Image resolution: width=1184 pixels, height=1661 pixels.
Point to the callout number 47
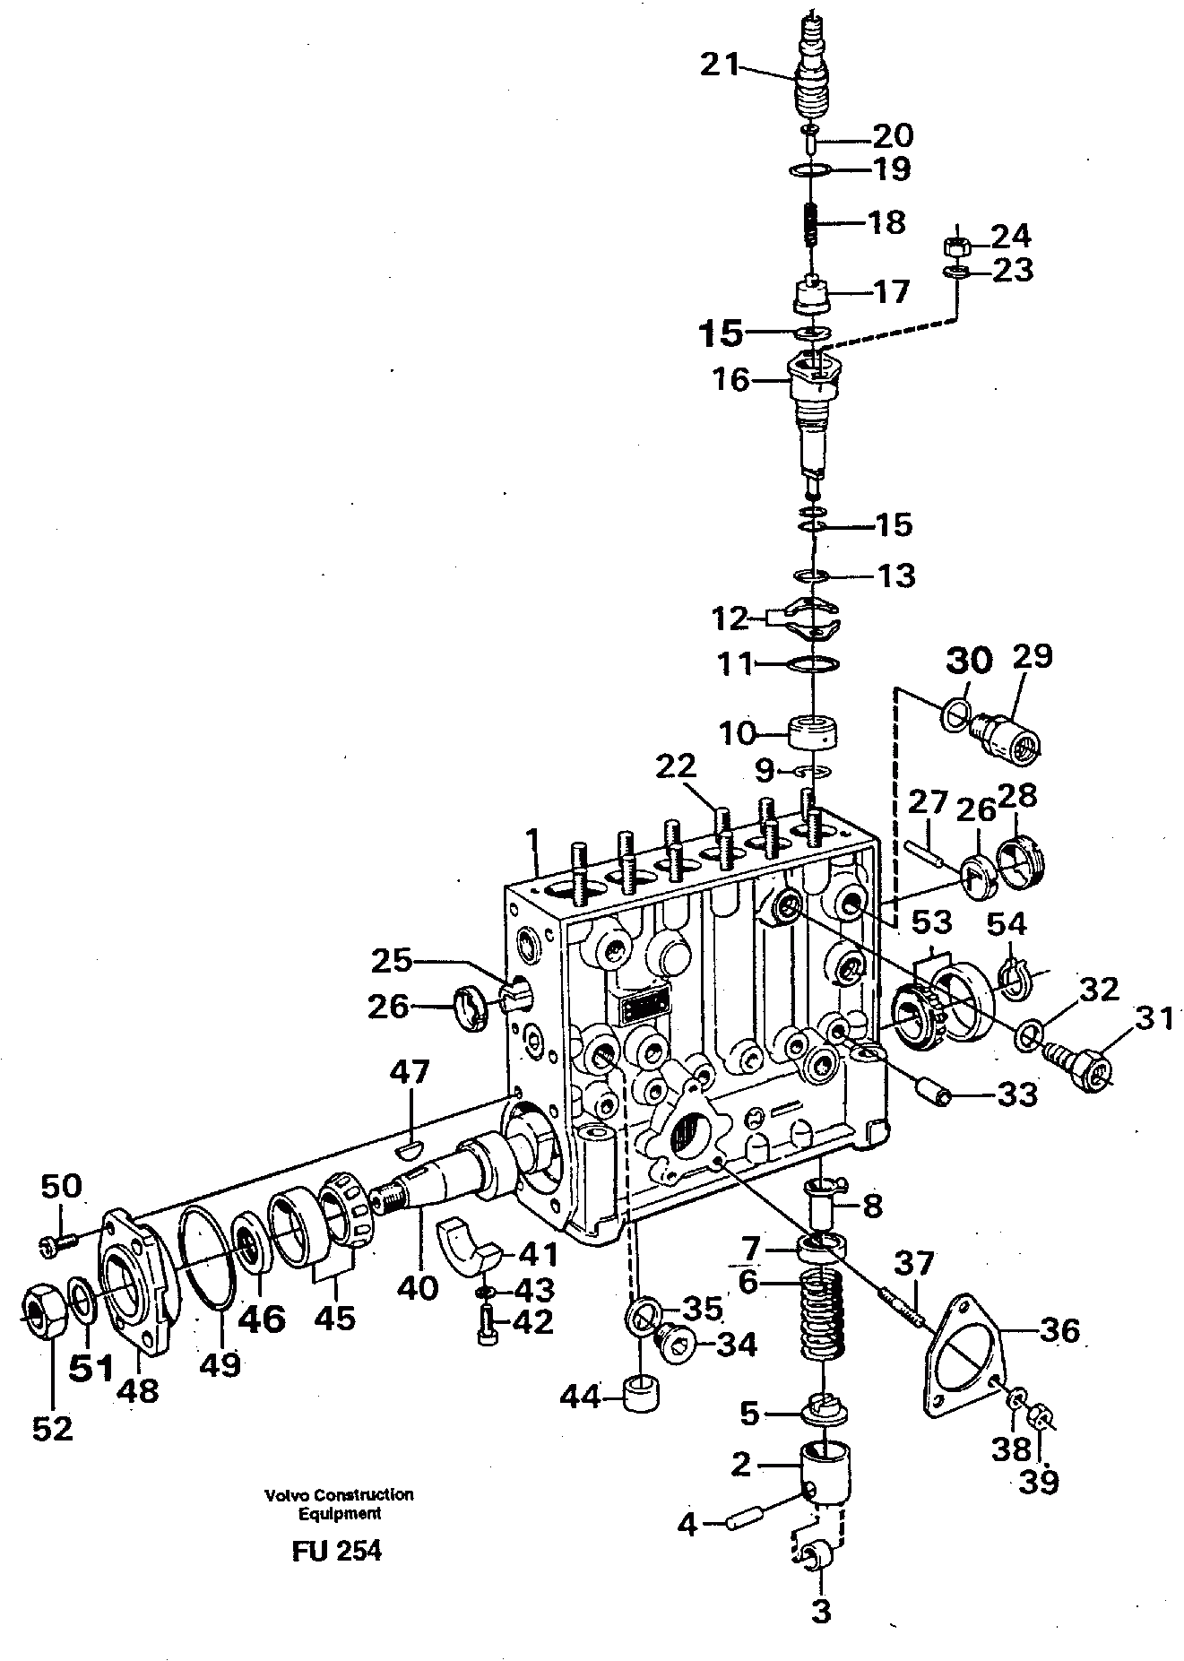[411, 1072]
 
